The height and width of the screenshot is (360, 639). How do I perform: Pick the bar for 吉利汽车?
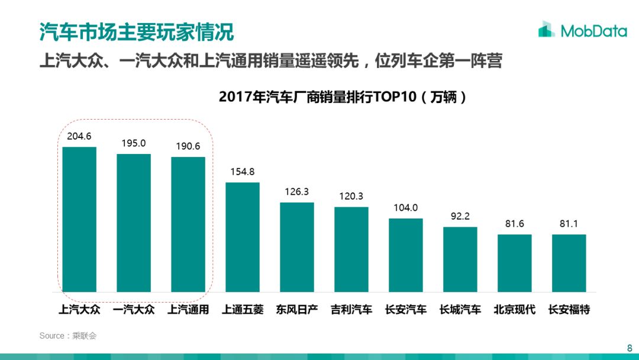(x=351, y=249)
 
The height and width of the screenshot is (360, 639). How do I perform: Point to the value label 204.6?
(x=79, y=136)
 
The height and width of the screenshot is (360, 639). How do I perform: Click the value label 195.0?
(x=134, y=143)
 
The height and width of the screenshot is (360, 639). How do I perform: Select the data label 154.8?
(x=243, y=172)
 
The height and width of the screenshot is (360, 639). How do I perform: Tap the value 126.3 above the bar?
(x=297, y=192)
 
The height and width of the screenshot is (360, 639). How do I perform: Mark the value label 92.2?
(x=460, y=216)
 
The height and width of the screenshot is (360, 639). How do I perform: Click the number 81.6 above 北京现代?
(x=515, y=224)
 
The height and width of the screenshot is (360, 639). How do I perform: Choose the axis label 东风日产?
(x=297, y=310)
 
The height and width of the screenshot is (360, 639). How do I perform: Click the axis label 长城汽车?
(x=460, y=310)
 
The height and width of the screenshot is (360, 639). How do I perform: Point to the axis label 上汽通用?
(x=188, y=310)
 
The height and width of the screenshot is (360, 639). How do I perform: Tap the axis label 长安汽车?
(x=406, y=310)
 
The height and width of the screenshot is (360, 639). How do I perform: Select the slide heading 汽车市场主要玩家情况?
(x=137, y=31)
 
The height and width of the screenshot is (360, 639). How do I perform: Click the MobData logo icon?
(x=546, y=29)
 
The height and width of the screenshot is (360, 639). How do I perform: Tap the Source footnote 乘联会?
(x=67, y=336)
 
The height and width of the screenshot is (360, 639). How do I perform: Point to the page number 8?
(x=630, y=348)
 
